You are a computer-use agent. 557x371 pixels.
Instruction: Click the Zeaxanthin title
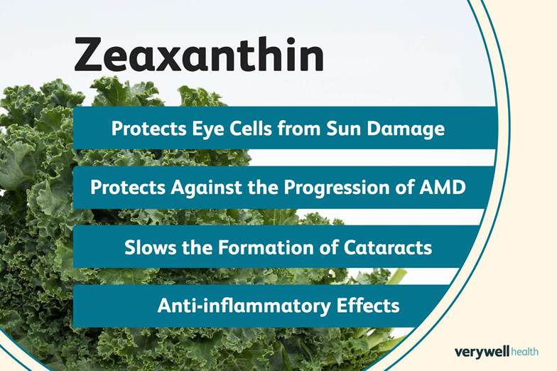click(199, 55)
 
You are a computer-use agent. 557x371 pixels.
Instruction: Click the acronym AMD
click(448, 188)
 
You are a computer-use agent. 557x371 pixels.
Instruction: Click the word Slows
click(147, 247)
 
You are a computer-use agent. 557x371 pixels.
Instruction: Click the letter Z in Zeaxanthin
click(90, 55)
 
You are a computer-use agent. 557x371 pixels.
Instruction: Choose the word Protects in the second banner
click(124, 188)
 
